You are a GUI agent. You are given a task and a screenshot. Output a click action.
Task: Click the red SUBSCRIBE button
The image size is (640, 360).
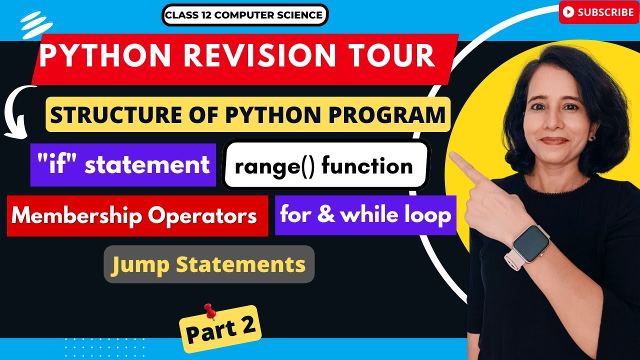click(x=598, y=12)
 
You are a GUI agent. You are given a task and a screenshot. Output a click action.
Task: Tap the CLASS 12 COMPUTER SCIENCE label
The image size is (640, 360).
click(x=244, y=15)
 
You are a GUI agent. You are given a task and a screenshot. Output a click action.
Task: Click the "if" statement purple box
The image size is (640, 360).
click(x=123, y=165)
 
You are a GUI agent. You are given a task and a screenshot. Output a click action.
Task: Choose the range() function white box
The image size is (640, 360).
click(x=325, y=165)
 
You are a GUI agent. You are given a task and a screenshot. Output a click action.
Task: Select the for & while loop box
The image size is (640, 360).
click(x=365, y=215)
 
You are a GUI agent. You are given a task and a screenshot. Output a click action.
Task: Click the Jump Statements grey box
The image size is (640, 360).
click(x=208, y=264)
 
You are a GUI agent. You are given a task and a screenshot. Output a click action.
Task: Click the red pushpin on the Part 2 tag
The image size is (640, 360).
click(x=210, y=311)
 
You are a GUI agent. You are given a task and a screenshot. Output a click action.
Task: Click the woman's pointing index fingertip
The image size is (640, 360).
click(x=453, y=156)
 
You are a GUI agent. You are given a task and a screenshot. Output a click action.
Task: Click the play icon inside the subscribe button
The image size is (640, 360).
click(x=568, y=13)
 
